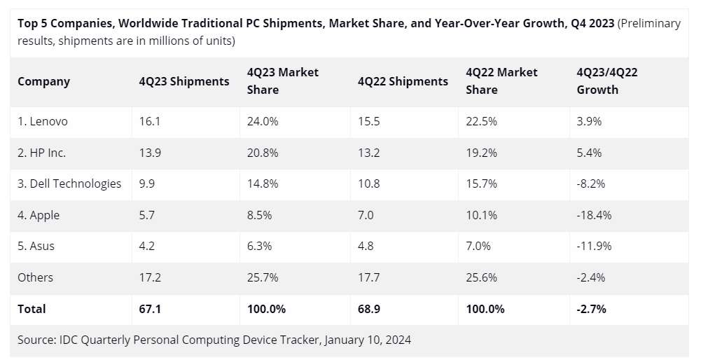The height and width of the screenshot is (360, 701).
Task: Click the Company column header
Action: (43, 81)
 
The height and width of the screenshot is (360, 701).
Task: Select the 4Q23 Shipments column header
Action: (184, 81)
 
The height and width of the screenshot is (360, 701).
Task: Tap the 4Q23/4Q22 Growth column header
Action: (606, 81)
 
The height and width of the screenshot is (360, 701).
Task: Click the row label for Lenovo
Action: (43, 121)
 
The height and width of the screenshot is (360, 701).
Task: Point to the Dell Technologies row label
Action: (69, 184)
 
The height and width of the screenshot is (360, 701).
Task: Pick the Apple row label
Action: (39, 215)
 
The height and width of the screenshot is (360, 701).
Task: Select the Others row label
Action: (35, 277)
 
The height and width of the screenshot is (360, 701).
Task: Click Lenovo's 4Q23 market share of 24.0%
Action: (263, 121)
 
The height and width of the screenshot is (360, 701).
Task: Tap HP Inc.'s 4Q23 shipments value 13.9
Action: (150, 153)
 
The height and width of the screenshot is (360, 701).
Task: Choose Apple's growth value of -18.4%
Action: (594, 215)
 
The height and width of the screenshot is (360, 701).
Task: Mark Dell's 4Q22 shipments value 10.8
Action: (368, 184)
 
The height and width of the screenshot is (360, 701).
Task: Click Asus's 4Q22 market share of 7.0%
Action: (478, 246)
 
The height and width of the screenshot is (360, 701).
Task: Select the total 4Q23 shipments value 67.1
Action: (150, 308)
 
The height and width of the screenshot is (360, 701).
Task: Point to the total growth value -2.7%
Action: (591, 308)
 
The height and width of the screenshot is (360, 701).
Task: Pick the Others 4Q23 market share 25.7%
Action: (263, 277)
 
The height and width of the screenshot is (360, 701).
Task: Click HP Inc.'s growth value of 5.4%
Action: (589, 153)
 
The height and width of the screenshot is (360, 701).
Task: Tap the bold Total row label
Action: (32, 308)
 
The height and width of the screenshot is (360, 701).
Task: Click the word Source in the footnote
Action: (36, 340)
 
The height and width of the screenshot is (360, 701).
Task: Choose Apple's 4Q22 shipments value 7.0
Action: (366, 215)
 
